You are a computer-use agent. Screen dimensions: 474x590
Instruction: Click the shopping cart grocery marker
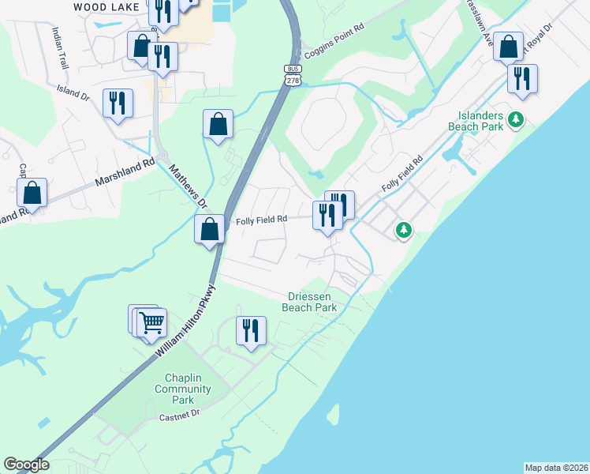[151, 322]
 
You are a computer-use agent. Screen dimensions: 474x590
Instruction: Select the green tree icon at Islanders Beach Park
[516, 119]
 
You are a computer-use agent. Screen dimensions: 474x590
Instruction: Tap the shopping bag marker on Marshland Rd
[32, 192]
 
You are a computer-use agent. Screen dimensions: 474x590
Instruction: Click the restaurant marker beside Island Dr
[118, 102]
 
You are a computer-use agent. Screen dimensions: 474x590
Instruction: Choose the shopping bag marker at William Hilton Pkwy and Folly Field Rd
[210, 229]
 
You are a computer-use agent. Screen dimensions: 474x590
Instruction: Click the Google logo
[26, 465]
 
